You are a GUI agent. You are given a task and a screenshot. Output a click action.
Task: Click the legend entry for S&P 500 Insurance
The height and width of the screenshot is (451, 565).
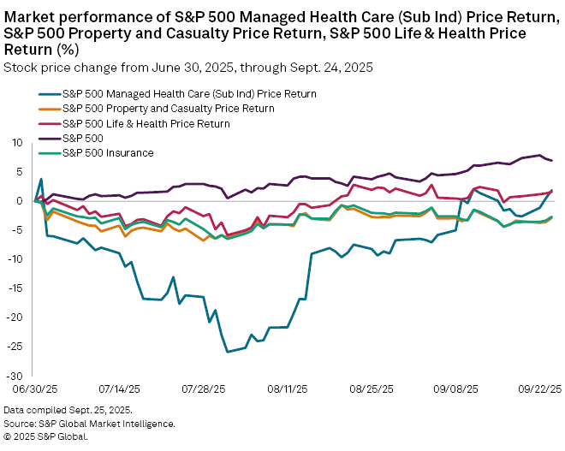tap(106, 153)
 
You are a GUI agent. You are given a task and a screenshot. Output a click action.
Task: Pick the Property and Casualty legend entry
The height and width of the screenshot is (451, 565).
tap(168, 109)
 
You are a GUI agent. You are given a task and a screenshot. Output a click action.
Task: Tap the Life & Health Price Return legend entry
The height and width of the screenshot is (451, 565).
tap(146, 123)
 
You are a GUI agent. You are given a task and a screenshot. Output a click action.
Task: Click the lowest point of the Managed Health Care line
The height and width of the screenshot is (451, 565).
tap(227, 352)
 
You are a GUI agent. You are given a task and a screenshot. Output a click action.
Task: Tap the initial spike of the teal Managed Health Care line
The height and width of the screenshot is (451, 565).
tap(41, 180)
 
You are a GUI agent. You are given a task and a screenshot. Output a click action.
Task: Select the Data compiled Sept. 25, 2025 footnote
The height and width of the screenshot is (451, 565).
tap(62, 412)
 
